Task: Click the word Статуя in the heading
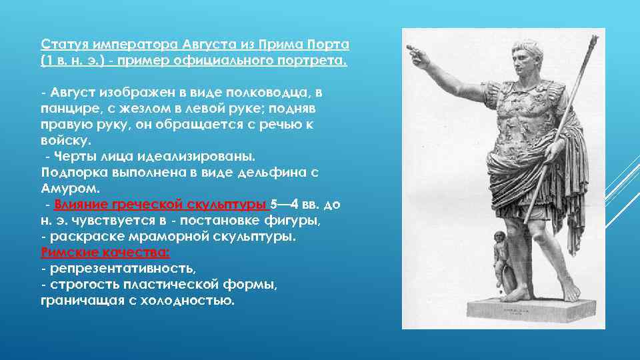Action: [x=61, y=45]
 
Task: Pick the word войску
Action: [x=65, y=141]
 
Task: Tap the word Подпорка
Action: [x=74, y=172]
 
